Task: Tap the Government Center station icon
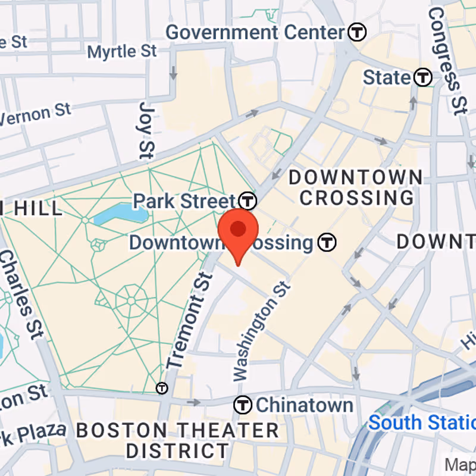coord(357,32)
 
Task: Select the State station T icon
coord(423,77)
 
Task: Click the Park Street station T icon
coord(248,201)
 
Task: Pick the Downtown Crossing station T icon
coord(327,242)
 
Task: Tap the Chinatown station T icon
coord(243,405)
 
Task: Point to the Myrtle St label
coord(122,51)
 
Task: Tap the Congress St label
coord(446,59)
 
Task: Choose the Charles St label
coord(21,292)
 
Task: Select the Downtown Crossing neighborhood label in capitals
coord(355,187)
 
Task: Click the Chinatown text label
coord(305,405)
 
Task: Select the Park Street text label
coord(184,201)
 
